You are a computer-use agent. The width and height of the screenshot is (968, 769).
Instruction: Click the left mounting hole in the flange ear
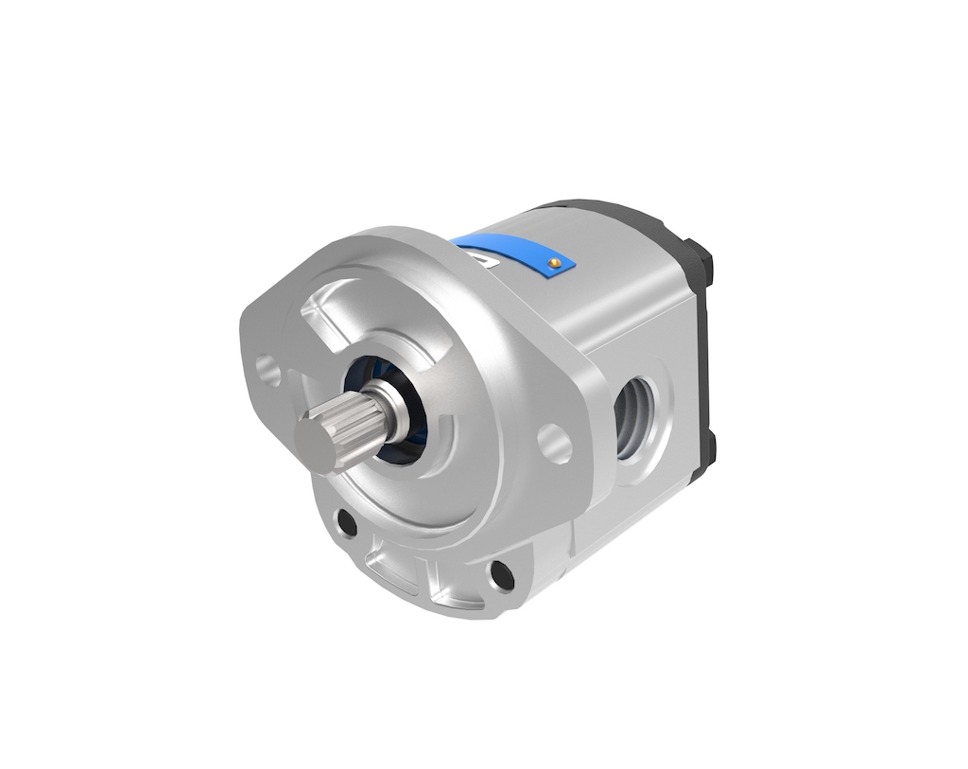(x=273, y=371)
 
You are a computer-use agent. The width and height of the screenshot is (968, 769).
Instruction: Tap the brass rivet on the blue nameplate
(x=555, y=260)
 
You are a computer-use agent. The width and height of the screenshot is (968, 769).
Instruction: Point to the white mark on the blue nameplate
(x=484, y=258)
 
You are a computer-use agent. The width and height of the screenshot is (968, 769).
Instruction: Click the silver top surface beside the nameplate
(x=624, y=255)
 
